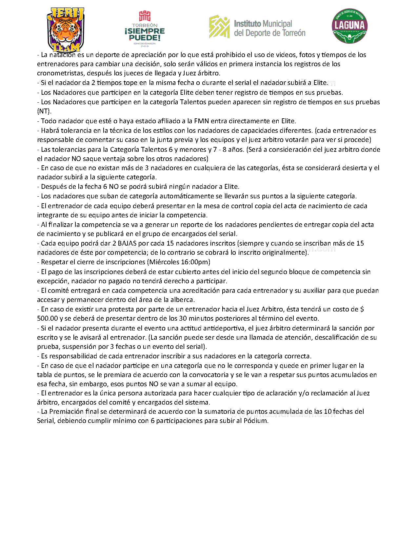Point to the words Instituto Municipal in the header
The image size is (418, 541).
263,24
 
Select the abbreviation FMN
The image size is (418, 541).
201,121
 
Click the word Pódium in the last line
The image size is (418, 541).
256,421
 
